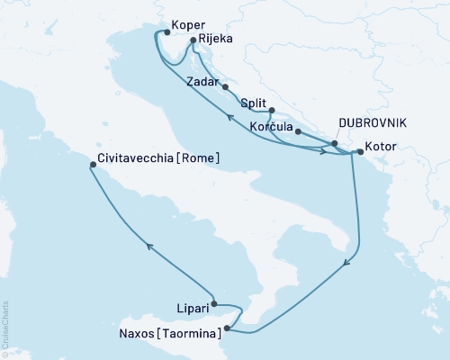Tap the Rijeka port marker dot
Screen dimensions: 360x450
point(193,40)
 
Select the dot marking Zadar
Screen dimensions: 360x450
point(225,87)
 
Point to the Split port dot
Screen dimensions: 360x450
point(271,111)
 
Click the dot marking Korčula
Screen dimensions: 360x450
point(298,131)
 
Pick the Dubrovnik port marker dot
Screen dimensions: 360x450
point(334,143)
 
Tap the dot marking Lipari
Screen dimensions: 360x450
point(214,304)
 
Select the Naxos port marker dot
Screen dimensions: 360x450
point(228,328)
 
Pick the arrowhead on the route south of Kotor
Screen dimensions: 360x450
point(346,265)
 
